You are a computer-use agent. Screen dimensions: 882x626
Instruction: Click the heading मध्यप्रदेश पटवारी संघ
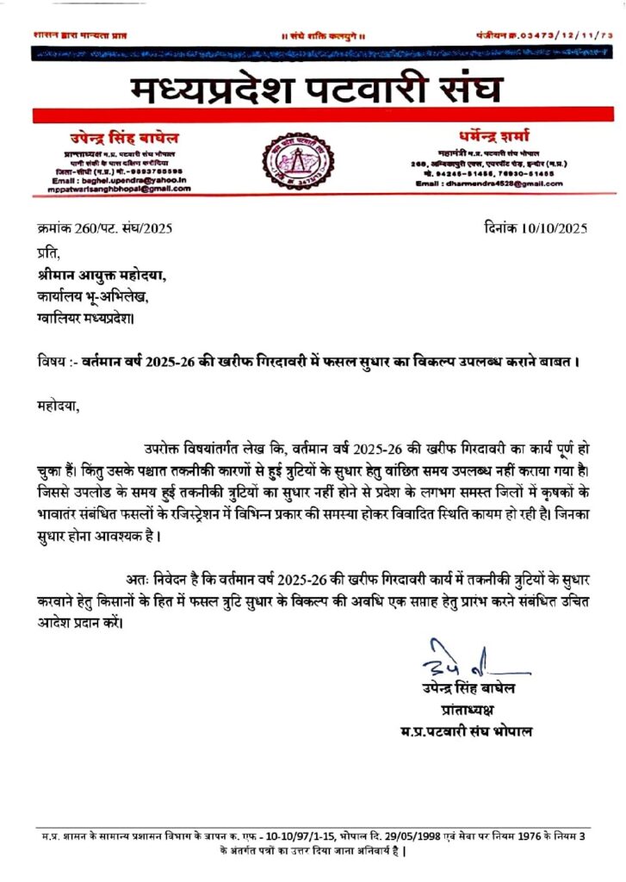(317, 89)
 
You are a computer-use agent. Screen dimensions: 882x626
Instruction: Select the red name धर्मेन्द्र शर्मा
(490, 137)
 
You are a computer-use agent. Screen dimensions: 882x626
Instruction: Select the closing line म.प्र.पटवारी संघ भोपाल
(466, 731)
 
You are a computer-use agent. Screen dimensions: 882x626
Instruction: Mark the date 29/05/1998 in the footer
(414, 836)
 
